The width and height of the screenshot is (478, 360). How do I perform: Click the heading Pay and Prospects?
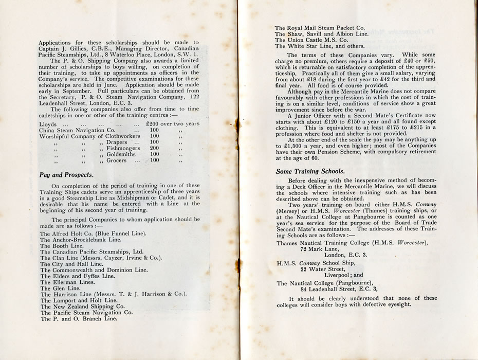point(66,175)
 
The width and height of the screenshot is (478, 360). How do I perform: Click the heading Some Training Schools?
point(309,171)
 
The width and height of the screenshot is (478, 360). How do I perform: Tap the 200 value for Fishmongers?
point(154,148)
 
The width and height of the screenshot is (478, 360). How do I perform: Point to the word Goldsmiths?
point(121,154)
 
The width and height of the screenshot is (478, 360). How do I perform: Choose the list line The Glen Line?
point(60,289)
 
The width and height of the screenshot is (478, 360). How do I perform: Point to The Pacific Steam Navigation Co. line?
point(86,312)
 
